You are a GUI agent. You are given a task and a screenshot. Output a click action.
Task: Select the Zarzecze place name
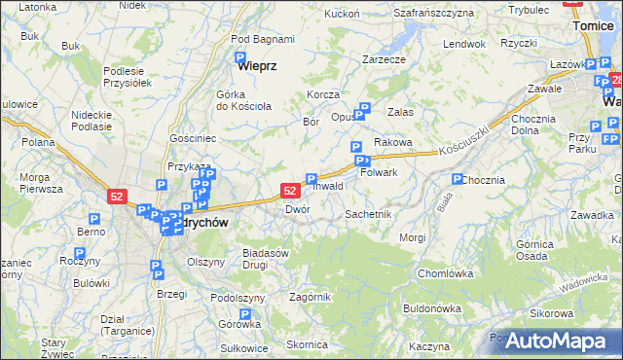pos(384,59)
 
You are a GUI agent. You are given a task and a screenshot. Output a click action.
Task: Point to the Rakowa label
pos(393,142)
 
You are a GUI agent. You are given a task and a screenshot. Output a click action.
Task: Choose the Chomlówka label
pos(444,273)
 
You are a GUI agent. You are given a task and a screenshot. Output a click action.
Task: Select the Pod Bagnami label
pos(263,39)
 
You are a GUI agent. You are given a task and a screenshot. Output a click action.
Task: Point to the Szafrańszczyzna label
pos(433,13)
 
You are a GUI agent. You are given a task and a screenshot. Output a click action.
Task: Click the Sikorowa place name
pos(551,313)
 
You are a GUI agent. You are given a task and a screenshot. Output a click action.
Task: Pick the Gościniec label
pos(193,139)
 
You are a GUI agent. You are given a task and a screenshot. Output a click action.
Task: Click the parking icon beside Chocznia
pos(458,180)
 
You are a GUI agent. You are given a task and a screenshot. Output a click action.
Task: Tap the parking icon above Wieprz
pos(240,58)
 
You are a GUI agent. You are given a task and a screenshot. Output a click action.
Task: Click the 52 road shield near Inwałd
pos(290,191)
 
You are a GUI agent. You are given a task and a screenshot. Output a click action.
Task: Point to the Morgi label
pos(413,237)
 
